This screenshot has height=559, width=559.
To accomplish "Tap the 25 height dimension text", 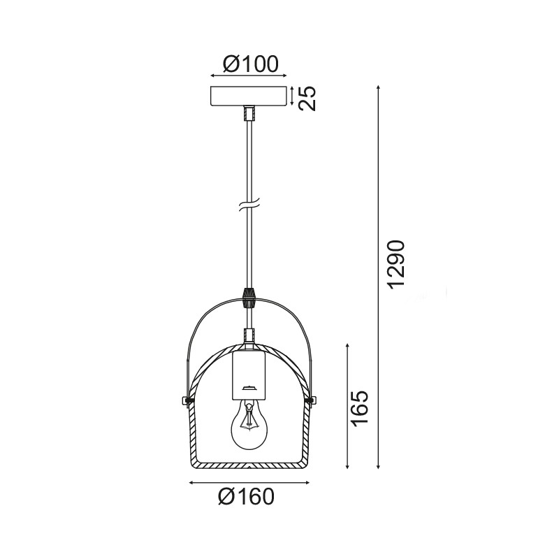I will pos(308,98).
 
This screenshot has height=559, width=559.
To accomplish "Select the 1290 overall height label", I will pos(396,266).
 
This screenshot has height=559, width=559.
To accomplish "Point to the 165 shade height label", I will pos(359,409).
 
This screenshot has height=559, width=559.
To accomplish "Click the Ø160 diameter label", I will pos(246,497).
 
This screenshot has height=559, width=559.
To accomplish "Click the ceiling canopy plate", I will pos(249,96).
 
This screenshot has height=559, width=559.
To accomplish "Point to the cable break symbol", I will pos(249,207).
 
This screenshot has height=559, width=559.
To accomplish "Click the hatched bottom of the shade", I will pos(249,465).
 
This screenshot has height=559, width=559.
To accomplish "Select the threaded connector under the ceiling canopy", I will pos(249,112).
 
